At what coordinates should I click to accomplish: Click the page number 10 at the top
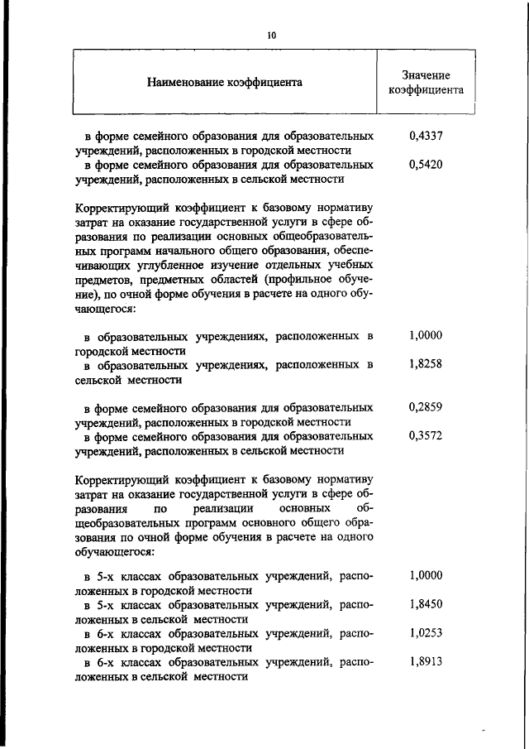[x=270, y=36]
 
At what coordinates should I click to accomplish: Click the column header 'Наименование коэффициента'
[x=224, y=82]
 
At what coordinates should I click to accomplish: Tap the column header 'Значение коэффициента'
[x=426, y=82]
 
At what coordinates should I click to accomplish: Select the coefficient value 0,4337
[x=426, y=135]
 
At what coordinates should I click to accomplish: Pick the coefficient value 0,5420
[x=426, y=164]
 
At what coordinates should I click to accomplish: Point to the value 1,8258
[x=426, y=364]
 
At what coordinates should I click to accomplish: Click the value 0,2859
[x=426, y=407]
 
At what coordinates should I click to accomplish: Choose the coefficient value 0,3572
[x=426, y=436]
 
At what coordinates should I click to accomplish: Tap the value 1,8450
[x=426, y=605]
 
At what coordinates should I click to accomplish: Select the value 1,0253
[x=426, y=633]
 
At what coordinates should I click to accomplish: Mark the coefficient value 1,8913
[x=426, y=662]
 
